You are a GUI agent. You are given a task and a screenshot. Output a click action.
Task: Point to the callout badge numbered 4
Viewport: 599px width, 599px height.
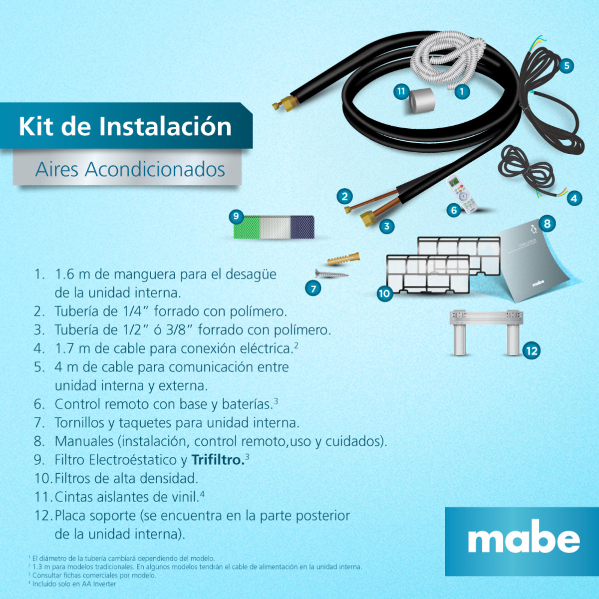coord(574,198)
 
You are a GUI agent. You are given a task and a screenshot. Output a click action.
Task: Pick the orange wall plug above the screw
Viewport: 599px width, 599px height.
coord(343,259)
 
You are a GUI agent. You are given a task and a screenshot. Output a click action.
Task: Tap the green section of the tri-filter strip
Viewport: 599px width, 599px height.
coord(248,228)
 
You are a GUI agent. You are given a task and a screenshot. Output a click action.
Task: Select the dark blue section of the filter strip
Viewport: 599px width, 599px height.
coord(302,228)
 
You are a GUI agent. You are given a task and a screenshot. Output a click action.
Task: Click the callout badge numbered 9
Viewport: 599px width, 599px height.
coord(236,217)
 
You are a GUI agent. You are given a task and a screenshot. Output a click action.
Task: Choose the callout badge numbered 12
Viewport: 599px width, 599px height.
coord(532,350)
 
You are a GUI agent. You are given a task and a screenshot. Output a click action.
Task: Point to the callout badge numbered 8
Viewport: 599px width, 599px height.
coord(547,224)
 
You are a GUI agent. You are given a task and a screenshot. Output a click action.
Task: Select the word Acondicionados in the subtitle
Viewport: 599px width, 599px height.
coord(155,170)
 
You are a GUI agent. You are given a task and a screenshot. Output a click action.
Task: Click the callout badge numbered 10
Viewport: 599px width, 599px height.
coord(384,293)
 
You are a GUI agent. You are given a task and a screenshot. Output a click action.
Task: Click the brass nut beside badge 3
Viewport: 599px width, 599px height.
coord(368,218)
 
